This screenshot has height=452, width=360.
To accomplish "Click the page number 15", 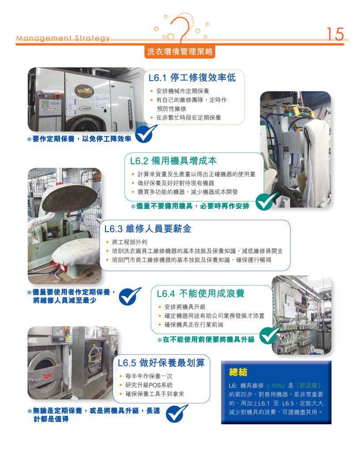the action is pos(335,34).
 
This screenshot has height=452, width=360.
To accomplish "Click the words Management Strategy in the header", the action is pos(63,38).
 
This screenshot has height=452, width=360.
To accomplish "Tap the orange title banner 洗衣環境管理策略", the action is pos(180,52).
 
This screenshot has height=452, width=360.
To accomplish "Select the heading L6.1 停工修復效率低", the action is pos(192,78).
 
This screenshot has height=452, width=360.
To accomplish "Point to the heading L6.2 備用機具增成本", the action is pos(173,161).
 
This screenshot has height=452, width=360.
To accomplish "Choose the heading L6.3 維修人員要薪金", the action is pos(148,229).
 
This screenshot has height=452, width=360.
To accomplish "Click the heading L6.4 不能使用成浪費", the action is pos(201,294).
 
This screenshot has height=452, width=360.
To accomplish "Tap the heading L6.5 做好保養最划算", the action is pos(161,363).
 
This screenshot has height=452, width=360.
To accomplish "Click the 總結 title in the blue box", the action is pos(238,372).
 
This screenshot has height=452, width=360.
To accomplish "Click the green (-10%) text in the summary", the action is pos(276,386).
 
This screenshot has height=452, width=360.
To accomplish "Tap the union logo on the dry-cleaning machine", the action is pos(84,91).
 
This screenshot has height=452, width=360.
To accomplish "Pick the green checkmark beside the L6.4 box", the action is pos(270,335).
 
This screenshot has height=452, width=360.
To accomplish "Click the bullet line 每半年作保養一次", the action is pos(149,376).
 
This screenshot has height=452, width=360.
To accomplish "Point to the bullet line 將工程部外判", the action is pos(129,242).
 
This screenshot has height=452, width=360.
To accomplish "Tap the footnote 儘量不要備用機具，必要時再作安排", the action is pos(190,206).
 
